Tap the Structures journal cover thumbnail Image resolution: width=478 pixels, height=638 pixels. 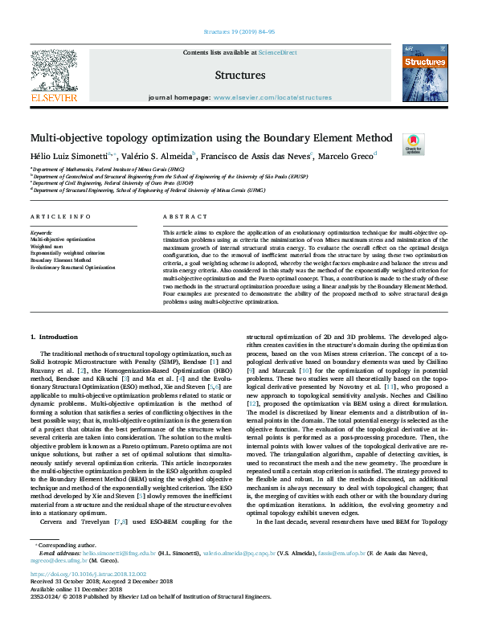tap(423, 73)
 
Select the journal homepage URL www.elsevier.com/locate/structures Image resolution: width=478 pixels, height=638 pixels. tap(272, 97)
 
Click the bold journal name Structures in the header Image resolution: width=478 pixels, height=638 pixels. tap(240, 76)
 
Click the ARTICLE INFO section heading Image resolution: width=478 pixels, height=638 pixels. tap(60, 217)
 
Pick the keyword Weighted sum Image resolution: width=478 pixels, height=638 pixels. tap(47, 247)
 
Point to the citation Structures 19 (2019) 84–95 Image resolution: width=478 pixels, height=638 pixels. tap(239, 31)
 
